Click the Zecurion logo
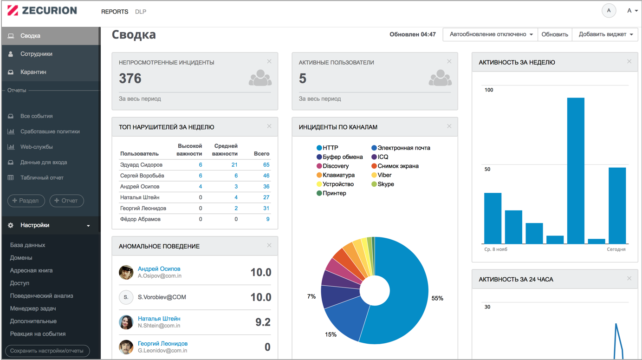(42, 11)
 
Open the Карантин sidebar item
(33, 72)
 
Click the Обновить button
(555, 34)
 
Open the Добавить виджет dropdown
(605, 34)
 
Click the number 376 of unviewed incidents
(130, 79)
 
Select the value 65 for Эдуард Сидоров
(266, 165)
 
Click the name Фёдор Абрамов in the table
(140, 219)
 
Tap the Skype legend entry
(385, 184)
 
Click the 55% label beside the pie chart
(437, 298)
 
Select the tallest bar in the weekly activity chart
(576, 170)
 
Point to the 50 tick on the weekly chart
(487, 169)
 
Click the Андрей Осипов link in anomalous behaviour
(159, 268)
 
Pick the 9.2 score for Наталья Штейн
(263, 322)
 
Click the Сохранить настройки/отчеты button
(47, 351)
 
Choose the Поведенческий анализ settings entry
(41, 295)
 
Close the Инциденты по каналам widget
(449, 126)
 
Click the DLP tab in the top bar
(141, 12)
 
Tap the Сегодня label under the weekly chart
(616, 249)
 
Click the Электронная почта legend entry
(403, 148)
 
